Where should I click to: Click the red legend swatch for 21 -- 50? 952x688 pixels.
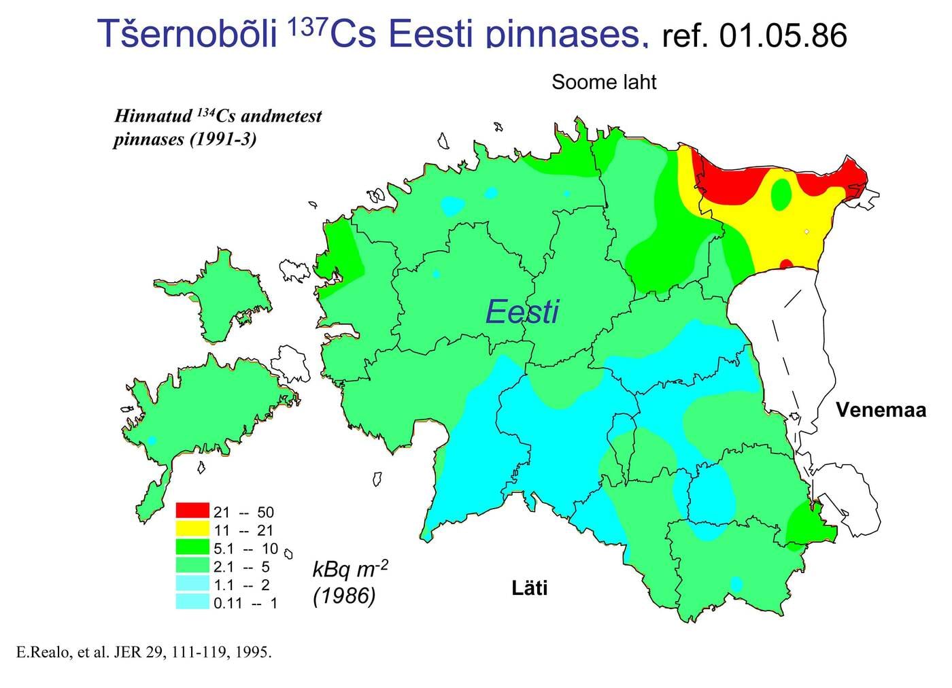(x=192, y=511)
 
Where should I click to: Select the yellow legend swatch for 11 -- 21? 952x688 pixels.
(x=192, y=528)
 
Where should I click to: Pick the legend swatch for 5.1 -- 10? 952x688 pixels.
(x=192, y=547)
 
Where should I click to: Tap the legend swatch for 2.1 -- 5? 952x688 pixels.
(x=192, y=565)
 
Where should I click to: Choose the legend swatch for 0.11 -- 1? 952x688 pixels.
(x=192, y=602)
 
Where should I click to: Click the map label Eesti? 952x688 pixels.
(x=522, y=312)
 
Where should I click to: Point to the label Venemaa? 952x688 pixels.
(x=881, y=410)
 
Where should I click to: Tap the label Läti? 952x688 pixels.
(x=529, y=587)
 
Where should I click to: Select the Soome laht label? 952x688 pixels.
(x=604, y=82)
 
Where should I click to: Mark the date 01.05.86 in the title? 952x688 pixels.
(x=783, y=35)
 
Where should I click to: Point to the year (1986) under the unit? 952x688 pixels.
(x=344, y=596)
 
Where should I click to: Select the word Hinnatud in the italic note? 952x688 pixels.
(x=153, y=116)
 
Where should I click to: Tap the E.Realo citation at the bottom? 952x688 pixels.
(x=143, y=653)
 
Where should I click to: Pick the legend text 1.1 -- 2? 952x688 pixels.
(x=241, y=584)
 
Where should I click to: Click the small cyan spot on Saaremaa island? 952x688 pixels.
(x=152, y=441)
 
